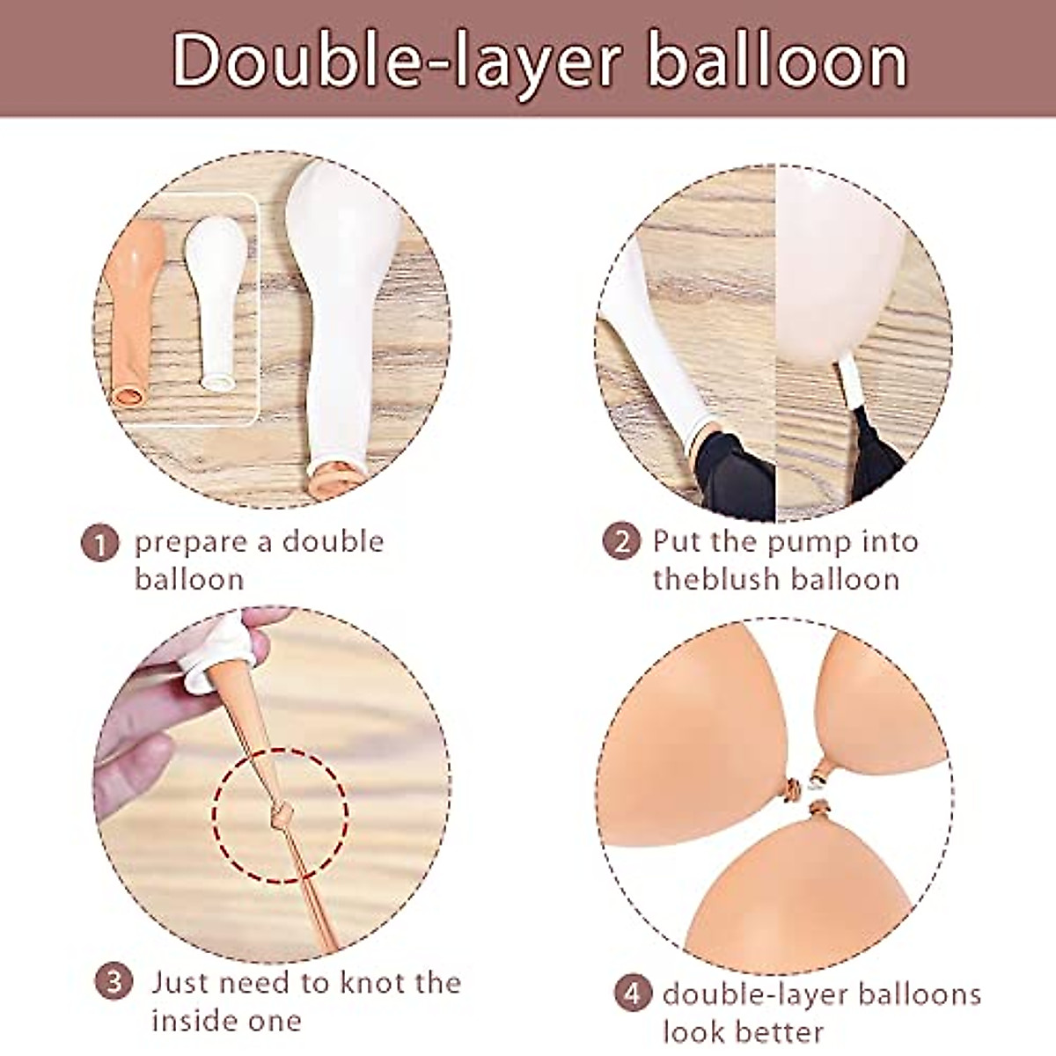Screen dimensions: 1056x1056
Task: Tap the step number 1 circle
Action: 101,541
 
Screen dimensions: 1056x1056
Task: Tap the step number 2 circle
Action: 621,540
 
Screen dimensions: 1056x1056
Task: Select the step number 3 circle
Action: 114,982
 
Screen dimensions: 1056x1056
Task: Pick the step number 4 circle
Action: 631,995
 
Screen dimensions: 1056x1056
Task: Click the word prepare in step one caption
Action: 190,542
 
